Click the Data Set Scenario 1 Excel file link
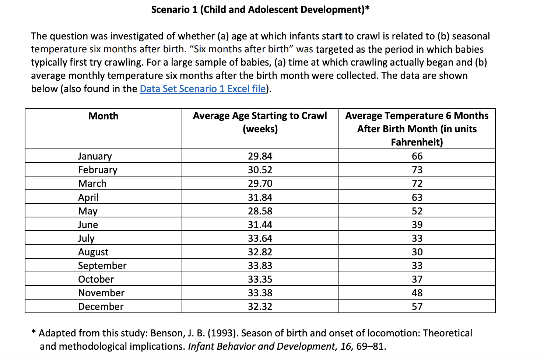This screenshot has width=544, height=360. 203,89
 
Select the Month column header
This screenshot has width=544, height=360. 103,116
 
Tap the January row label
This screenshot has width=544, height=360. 95,156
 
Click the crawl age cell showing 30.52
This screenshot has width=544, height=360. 260,169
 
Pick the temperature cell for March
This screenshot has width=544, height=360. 417,184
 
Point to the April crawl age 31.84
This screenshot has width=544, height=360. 260,197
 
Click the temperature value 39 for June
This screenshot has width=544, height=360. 417,225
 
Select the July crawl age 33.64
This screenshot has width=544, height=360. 260,238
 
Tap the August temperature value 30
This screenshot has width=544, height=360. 417,252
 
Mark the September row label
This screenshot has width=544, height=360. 102,266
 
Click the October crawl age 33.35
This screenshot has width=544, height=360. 260,279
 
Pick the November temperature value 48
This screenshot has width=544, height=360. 417,293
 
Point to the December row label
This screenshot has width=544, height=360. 101,307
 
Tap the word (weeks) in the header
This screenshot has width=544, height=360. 260,129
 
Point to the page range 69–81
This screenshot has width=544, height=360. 371,346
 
